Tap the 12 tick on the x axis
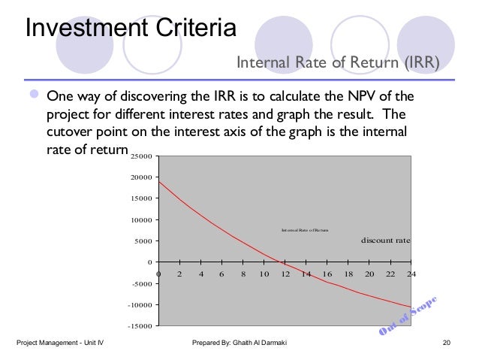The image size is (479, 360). pyautogui.click(x=285, y=274)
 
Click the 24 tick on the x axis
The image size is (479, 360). pyautogui.click(x=411, y=274)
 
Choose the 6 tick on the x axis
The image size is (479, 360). pyautogui.click(x=221, y=274)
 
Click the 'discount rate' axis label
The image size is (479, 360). pyautogui.click(x=386, y=241)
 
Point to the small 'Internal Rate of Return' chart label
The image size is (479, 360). pyautogui.click(x=305, y=229)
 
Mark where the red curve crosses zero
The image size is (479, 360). pyautogui.click(x=279, y=262)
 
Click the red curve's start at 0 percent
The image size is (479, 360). pyautogui.click(x=158, y=181)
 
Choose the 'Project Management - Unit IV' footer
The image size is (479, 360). pyautogui.click(x=60, y=344)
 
